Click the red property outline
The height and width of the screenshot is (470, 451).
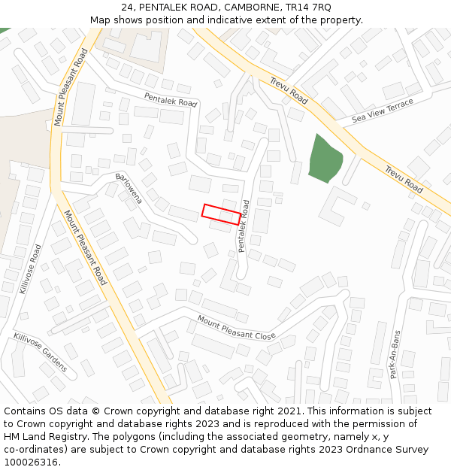(221, 214)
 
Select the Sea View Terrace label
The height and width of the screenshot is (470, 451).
(383, 111)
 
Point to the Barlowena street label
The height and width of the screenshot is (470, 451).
(129, 188)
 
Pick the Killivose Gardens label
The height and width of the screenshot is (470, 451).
(40, 352)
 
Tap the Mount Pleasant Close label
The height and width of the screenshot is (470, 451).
(237, 328)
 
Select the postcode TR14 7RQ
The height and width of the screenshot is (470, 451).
(305, 7)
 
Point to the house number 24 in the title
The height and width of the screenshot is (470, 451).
(126, 7)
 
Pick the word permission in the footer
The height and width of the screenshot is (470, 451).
(363, 424)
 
